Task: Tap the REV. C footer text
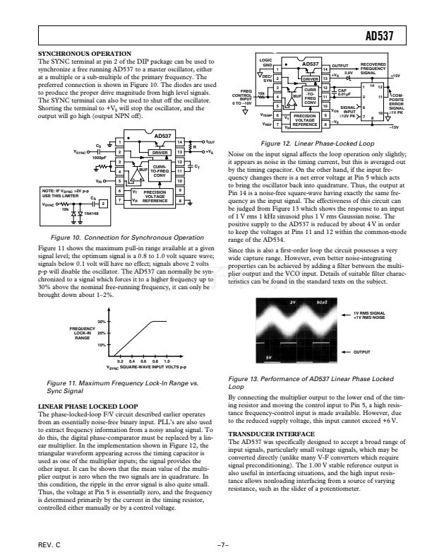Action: (x=46, y=547)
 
